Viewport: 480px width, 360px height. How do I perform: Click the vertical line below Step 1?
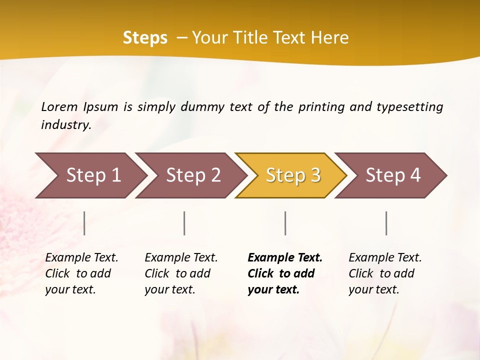click(84, 223)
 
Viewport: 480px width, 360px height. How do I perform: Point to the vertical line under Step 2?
click(184, 223)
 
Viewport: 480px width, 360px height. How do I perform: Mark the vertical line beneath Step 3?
click(285, 223)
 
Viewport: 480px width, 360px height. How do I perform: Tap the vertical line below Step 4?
click(386, 223)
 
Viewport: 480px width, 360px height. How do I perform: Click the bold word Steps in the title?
click(145, 38)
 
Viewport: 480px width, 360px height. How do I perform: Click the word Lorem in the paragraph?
click(59, 106)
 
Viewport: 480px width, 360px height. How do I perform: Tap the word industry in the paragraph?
click(66, 124)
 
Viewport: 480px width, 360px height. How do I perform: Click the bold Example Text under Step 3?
click(285, 258)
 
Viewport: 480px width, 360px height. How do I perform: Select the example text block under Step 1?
click(81, 273)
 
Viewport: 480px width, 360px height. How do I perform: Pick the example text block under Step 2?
click(181, 273)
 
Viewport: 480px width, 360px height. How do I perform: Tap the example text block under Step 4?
click(385, 273)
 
